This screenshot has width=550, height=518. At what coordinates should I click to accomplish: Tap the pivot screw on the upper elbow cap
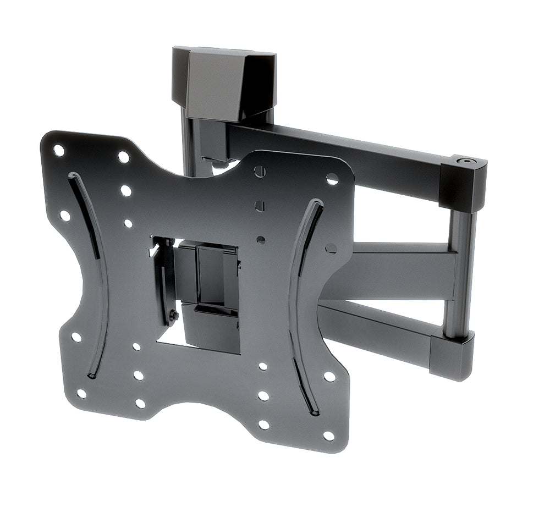pos(467,162)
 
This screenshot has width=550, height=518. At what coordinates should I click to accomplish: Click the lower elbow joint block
pos(452,355)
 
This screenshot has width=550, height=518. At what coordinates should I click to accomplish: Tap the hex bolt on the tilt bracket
pos(173,316)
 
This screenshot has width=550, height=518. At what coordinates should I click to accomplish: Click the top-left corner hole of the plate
pos(58,150)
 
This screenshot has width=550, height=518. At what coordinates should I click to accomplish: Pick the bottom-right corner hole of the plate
pos(328,436)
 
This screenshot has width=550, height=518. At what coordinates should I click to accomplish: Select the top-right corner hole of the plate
pos(332,179)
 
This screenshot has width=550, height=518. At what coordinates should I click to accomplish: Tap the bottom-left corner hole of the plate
pos(81,394)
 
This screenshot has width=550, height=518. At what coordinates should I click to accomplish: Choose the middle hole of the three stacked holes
pos(260,206)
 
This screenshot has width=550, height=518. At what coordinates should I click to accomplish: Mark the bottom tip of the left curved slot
pos(92,376)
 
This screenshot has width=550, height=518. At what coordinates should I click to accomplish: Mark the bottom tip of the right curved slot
pos(314,412)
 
